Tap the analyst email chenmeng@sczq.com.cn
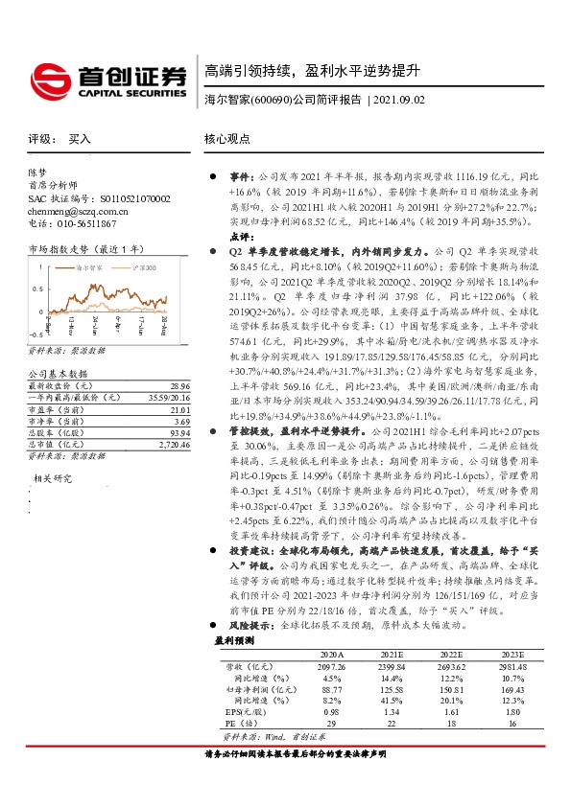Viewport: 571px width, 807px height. (78, 211)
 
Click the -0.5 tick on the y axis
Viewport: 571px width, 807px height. (35, 334)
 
